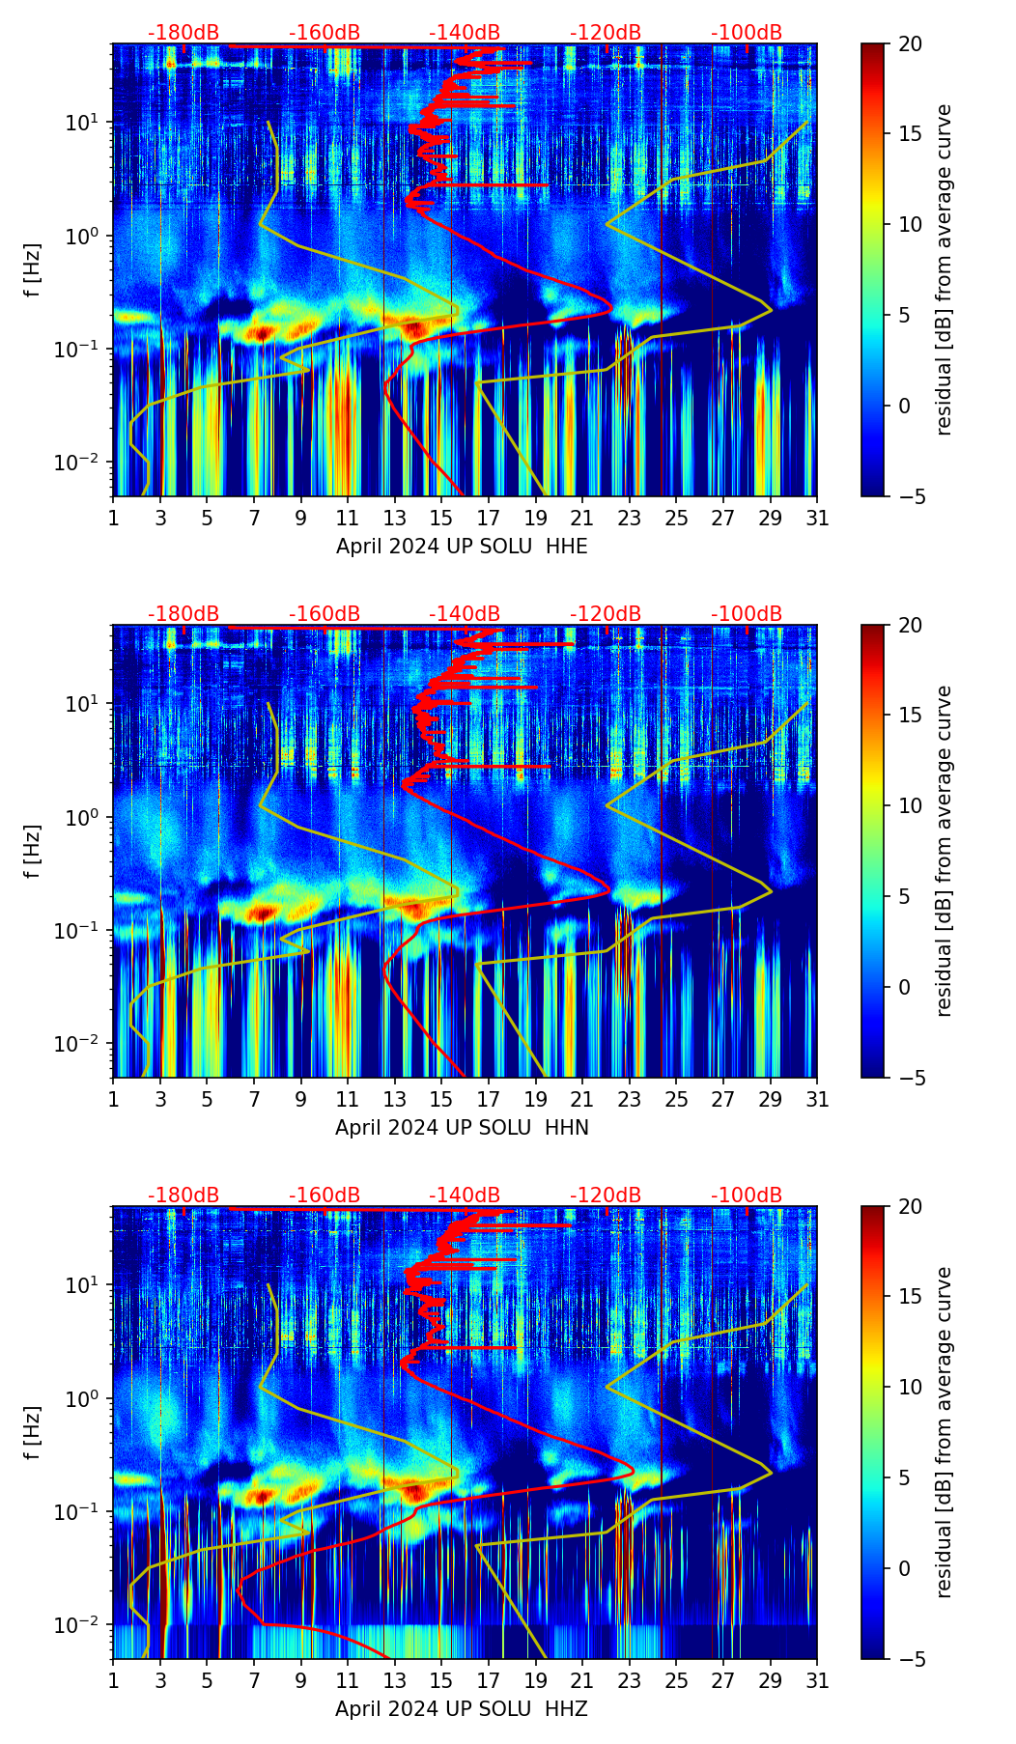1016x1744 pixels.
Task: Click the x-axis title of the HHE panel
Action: click(462, 547)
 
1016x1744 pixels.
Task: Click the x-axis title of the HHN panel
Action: click(462, 1128)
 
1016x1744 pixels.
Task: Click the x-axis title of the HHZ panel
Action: click(462, 1709)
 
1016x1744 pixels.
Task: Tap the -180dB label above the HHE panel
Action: click(183, 33)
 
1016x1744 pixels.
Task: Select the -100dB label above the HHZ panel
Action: click(747, 1195)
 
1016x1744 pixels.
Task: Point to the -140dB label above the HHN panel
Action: click(465, 614)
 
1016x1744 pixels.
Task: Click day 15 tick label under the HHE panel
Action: click(441, 518)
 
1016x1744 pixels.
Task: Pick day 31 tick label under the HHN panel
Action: click(817, 1099)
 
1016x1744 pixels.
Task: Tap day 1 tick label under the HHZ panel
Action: click(114, 1680)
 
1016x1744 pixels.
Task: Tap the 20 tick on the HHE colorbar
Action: click(910, 43)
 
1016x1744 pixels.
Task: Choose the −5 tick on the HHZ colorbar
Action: click(910, 1659)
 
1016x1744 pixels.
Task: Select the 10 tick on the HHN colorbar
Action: click(910, 805)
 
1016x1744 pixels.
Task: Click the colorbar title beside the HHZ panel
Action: click(944, 1432)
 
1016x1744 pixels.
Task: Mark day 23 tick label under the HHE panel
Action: click(630, 518)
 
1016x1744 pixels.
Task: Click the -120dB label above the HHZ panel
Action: click(606, 1195)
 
